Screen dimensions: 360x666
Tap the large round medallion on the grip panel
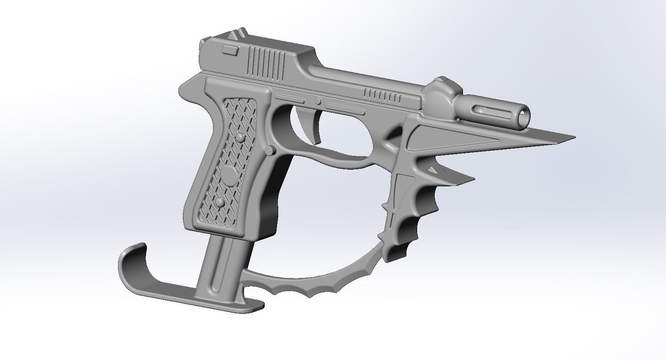tap(229, 176)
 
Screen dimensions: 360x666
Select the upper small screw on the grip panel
tap(240, 137)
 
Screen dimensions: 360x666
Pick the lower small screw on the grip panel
tap(219, 203)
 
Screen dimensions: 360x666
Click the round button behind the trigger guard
tap(270, 150)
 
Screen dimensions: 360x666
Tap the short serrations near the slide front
tap(383, 94)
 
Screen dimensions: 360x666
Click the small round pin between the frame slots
tap(317, 101)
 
